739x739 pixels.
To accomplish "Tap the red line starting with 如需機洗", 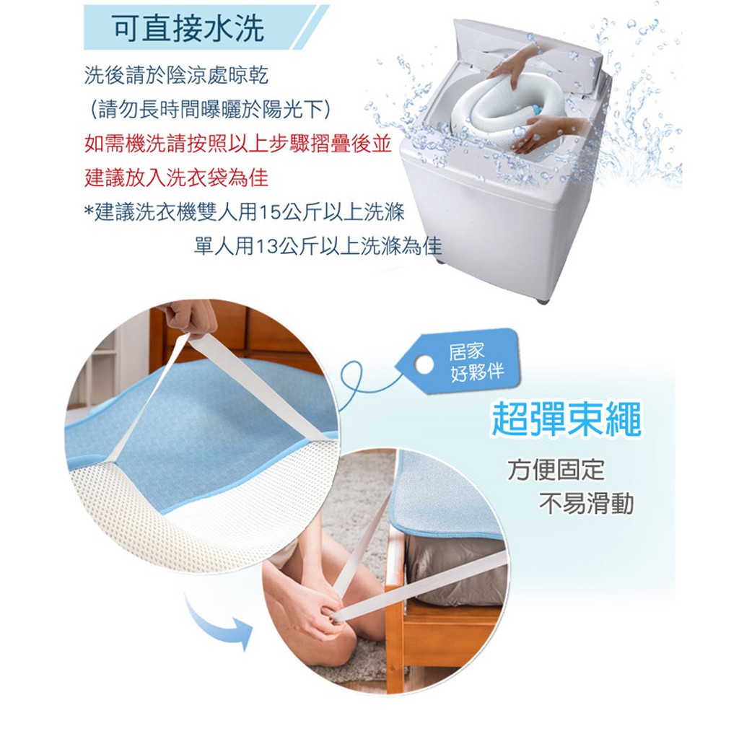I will point(237,144).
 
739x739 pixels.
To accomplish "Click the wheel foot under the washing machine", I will point(542,298).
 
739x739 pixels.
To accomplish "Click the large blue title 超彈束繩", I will point(565,420).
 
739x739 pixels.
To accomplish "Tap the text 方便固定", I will point(556,471).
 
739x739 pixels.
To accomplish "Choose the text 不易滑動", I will point(586,504).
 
